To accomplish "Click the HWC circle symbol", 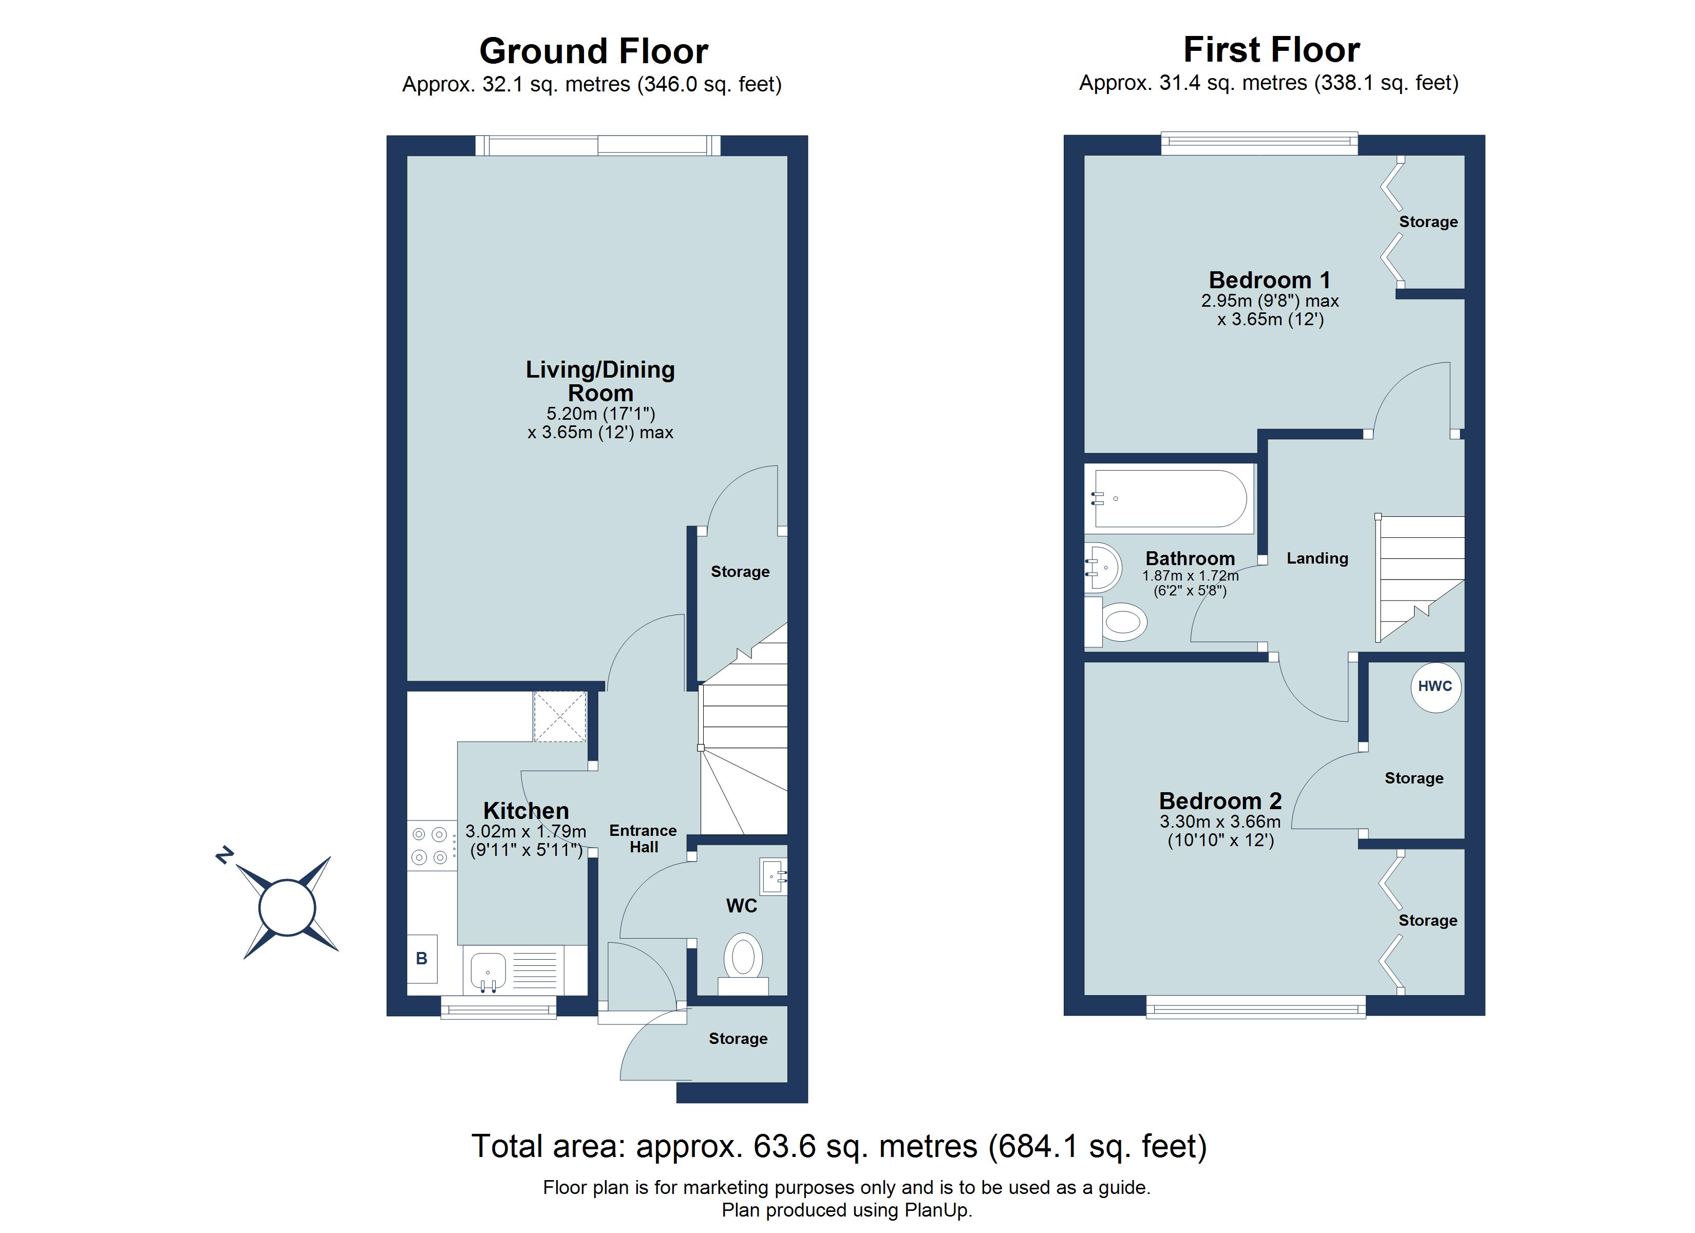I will click(x=1435, y=686).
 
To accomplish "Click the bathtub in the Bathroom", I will click(x=1169, y=498).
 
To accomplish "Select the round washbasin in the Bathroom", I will click(x=1102, y=568).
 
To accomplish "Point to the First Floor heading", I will click(x=1271, y=50).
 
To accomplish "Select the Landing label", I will click(x=1317, y=558).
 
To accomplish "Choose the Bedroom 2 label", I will click(x=1220, y=801).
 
